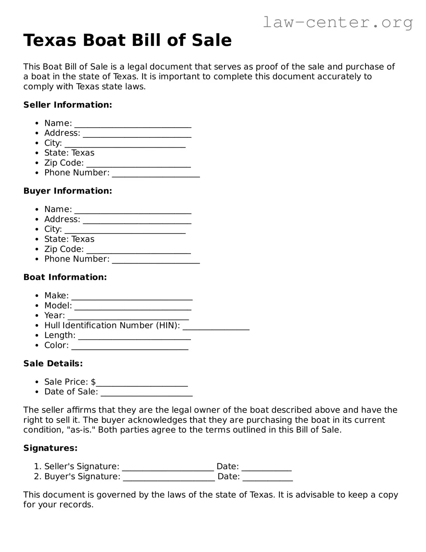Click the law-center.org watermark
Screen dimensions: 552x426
coord(337,22)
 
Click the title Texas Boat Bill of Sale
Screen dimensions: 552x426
coord(127,40)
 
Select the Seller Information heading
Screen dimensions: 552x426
coord(68,105)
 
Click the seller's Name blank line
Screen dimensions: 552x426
coord(133,125)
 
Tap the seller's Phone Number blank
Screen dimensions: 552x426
coord(156,174)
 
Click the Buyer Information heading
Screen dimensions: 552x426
coord(68,191)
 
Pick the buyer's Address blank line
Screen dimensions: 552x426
coord(137,221)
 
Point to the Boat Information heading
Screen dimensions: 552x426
coord(65,277)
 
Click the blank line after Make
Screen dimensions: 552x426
coord(132,297)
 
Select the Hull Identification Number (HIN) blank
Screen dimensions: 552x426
coord(216,327)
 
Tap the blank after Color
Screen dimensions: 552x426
coord(130,347)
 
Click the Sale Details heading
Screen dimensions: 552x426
coord(53,363)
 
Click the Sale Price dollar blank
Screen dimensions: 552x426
coord(142,383)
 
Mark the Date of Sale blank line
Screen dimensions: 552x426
coord(147,393)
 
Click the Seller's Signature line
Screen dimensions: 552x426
coord(168,468)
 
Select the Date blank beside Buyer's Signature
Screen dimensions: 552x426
coord(267,478)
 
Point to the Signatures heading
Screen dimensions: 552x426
coord(50,448)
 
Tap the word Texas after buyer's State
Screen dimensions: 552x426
coord(83,239)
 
